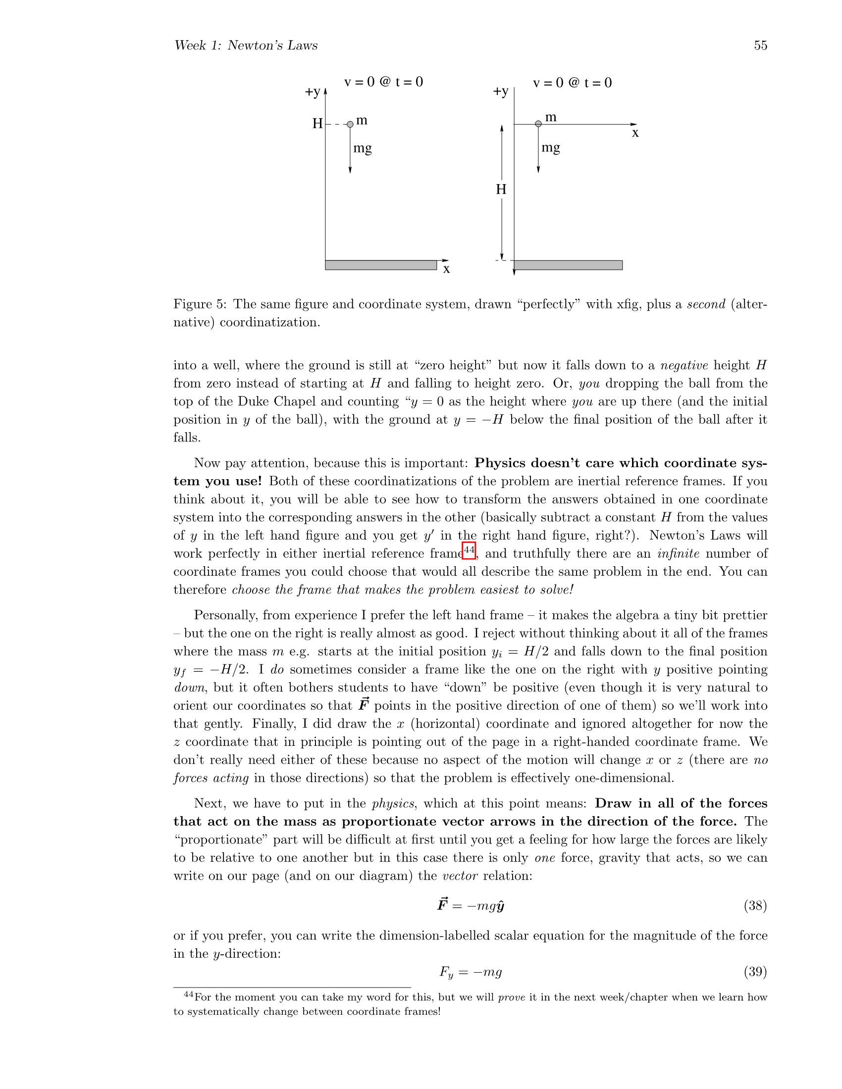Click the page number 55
pos(760,46)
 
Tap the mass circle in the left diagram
pos(350,124)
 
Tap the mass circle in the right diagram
pos(538,124)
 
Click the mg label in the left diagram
pos(362,148)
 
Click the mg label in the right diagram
pos(551,148)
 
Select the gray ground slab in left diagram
pos(380,265)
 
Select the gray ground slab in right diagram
pos(568,265)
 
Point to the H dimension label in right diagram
pos(501,190)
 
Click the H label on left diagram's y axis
pos(317,124)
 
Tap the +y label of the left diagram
pos(313,92)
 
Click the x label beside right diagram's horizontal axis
pos(635,133)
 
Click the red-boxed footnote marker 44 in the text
pos(469,550)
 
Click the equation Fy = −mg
pos(470,972)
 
